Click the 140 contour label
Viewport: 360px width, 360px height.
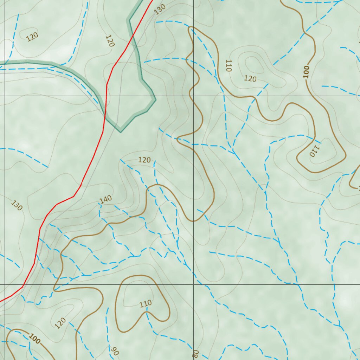(x=105, y=199)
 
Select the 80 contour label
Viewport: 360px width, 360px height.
(x=195, y=353)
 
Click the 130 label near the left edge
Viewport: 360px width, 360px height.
(x=17, y=205)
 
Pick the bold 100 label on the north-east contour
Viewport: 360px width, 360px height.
(x=306, y=72)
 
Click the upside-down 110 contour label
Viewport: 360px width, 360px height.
(x=314, y=150)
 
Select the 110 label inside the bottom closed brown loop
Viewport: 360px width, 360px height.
(x=145, y=303)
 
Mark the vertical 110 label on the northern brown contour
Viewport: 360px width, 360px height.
(x=229, y=66)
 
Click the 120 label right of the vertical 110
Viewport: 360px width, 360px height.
(x=250, y=79)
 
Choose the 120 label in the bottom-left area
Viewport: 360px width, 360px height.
(x=60, y=322)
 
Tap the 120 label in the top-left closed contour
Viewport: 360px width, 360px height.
(x=32, y=37)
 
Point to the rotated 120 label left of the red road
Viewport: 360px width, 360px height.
(x=110, y=41)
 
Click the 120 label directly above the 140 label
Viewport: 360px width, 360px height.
(x=144, y=160)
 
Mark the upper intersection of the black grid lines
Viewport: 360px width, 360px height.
(x=194, y=95)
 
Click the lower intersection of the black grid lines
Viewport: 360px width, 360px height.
(x=194, y=284)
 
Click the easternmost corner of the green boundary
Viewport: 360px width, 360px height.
(x=155, y=99)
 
